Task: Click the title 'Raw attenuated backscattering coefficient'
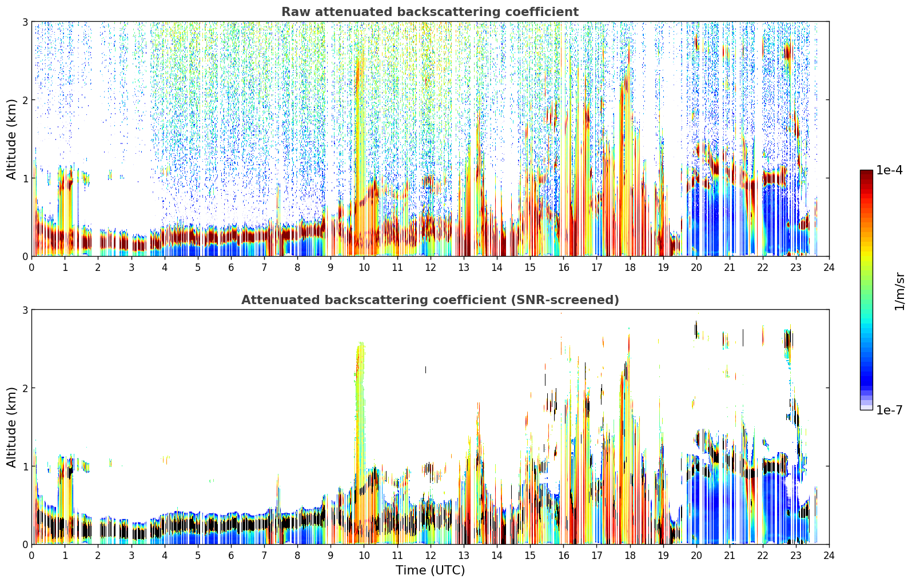430,12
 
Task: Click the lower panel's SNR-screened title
430,300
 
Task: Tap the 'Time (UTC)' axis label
430,570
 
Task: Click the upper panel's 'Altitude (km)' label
11,139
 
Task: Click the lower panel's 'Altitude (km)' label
11,427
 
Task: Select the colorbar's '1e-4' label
889,170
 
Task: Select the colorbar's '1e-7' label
889,410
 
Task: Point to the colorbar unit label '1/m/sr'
899,291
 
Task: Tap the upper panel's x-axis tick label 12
431,267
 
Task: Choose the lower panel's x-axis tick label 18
630,556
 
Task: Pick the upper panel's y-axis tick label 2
25,100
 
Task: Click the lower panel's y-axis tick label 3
25,310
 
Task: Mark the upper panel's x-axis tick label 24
829,267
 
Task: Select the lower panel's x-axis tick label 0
32,556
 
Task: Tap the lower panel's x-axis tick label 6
231,556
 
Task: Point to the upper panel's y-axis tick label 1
25,178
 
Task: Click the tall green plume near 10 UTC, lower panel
360,407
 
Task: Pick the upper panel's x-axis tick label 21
730,267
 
